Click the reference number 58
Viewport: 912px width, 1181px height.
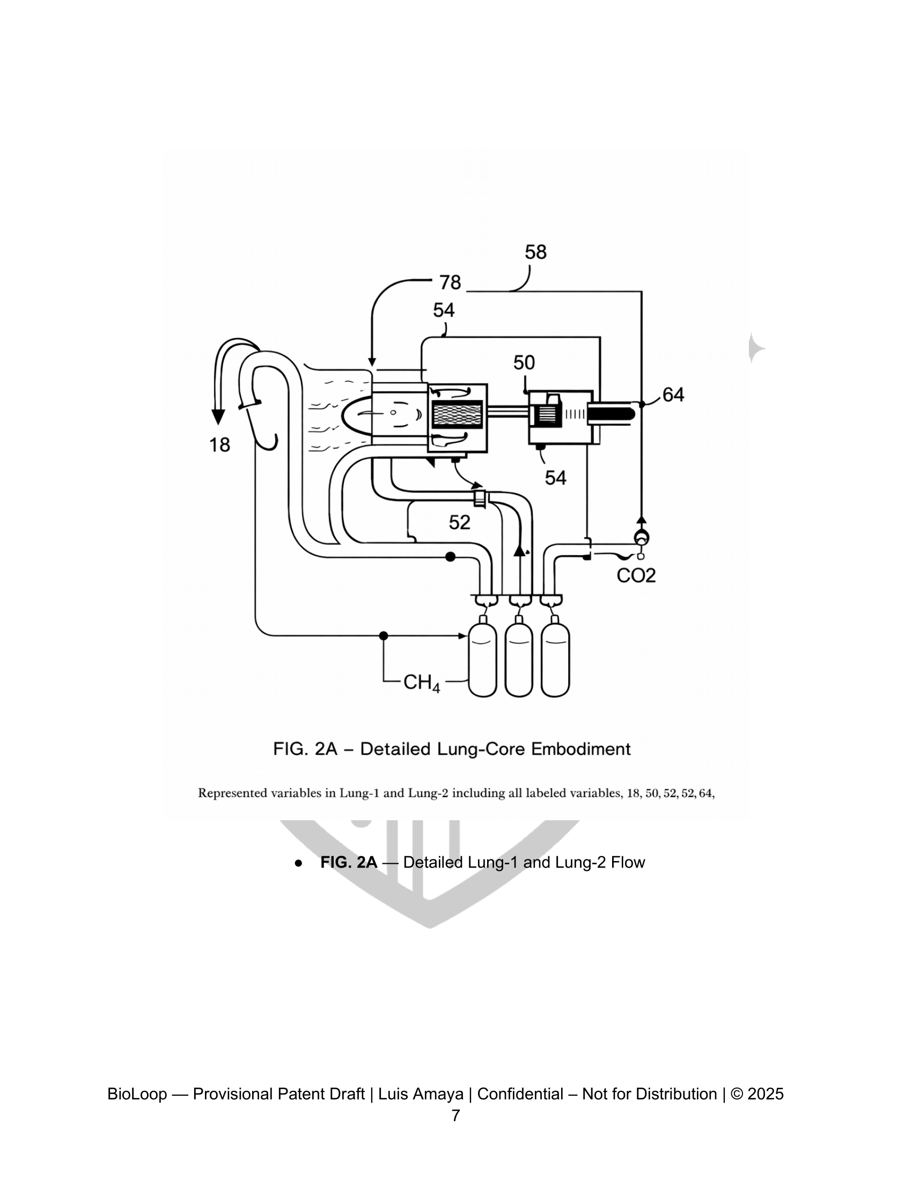tap(535, 252)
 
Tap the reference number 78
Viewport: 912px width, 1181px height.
tap(450, 282)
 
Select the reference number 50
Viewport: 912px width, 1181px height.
tap(524, 362)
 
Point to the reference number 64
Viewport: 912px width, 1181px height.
tap(673, 395)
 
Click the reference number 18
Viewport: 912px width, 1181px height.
tap(219, 445)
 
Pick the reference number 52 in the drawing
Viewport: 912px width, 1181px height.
tap(459, 522)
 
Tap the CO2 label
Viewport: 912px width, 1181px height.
tap(636, 575)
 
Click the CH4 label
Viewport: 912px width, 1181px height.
tap(422, 683)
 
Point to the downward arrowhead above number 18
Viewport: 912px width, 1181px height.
tap(218, 418)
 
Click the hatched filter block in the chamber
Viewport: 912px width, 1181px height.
tap(457, 414)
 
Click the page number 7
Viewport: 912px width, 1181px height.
tap(455, 1116)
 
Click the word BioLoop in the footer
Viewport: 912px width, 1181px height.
tap(137, 1094)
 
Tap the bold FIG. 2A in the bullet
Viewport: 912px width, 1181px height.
tap(349, 862)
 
